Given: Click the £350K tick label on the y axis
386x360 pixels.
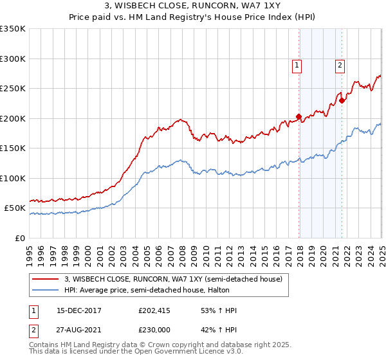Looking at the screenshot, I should [13, 29].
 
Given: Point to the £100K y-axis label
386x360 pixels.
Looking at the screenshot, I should [13, 178].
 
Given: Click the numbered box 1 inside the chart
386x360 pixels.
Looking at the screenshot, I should [297, 64].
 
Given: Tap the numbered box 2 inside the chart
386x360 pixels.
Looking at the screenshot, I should [339, 64].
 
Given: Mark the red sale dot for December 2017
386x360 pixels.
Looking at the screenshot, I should [299, 117].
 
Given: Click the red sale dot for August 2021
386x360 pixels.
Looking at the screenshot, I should [342, 100].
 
